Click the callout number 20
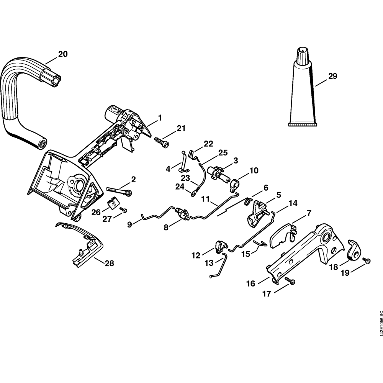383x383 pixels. [62, 54]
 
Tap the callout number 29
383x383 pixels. [332, 76]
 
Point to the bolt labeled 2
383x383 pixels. [119, 191]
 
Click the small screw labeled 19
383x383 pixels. [367, 260]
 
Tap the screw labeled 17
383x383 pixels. [291, 282]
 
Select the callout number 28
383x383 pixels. [110, 263]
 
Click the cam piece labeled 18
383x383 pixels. [355, 251]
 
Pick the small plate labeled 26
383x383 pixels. [114, 203]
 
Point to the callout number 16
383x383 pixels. [251, 284]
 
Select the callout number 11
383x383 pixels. [206, 199]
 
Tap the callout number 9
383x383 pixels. [129, 224]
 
